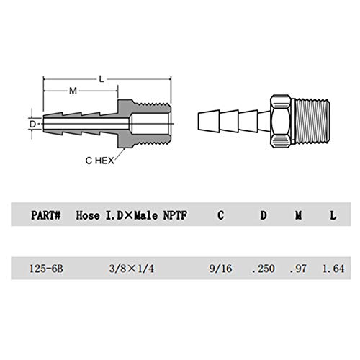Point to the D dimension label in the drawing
pos(32,124)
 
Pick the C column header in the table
pos(220,215)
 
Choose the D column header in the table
pos(264,215)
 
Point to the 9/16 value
pos(220,269)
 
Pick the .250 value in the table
pos(264,269)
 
